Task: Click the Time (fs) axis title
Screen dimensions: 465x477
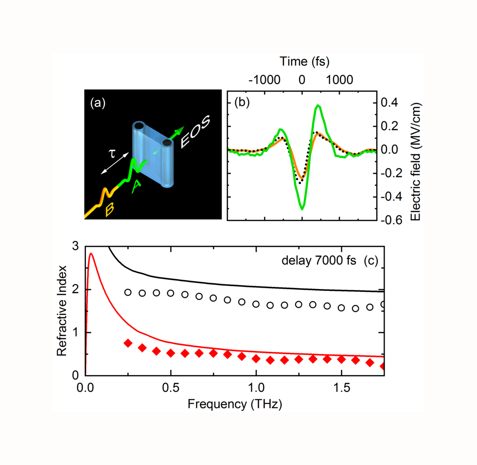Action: click(301, 60)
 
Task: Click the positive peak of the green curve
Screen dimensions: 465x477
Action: click(318, 105)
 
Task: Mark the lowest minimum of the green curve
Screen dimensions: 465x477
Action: click(302, 209)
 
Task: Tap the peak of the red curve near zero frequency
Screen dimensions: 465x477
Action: click(91, 254)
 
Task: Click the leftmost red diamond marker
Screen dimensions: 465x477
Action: click(128, 343)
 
